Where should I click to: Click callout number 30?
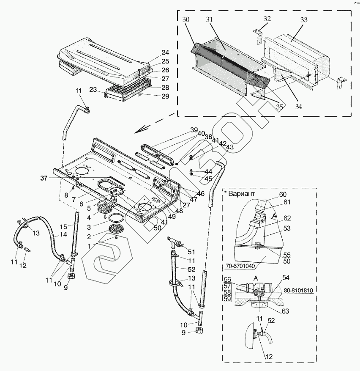pos(187,20)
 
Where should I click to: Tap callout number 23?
pos(94,89)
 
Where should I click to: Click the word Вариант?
pos(242,194)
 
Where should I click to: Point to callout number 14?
pos(63,234)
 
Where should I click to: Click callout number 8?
pos(66,195)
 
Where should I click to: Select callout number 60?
pos(282,194)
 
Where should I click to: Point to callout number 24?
pos(165,53)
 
